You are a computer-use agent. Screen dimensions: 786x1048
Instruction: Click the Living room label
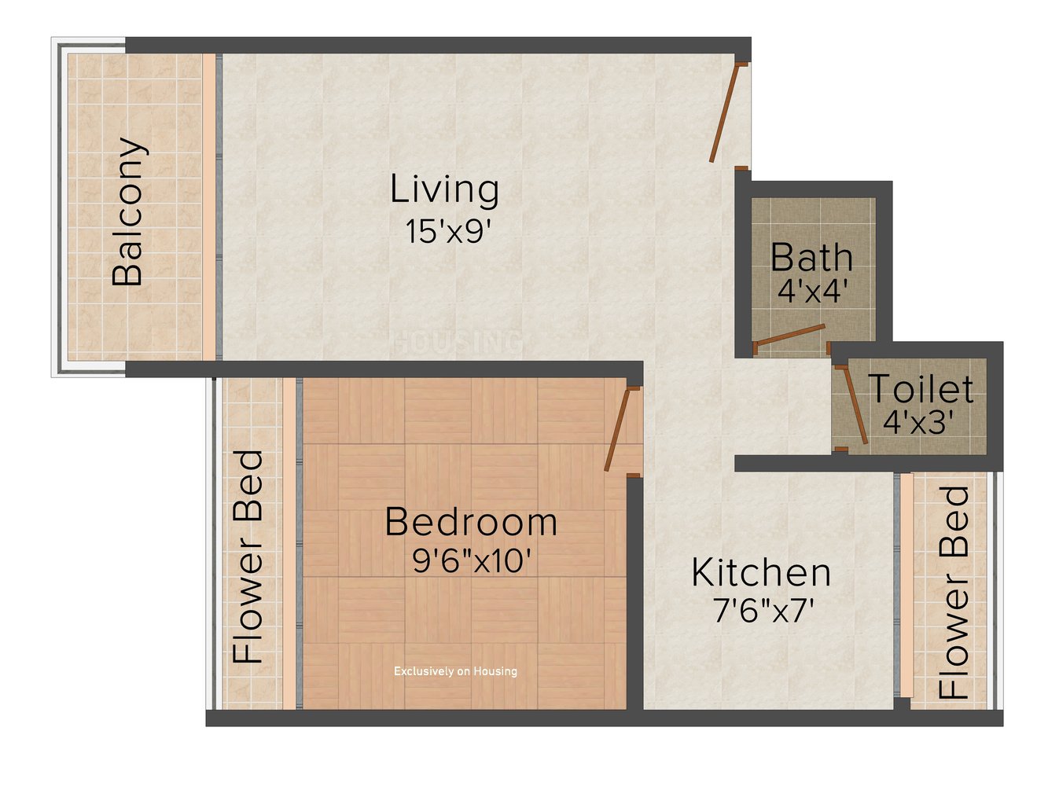(x=445, y=189)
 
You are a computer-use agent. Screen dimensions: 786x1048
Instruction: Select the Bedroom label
(x=471, y=523)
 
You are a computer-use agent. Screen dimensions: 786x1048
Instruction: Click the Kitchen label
(x=760, y=573)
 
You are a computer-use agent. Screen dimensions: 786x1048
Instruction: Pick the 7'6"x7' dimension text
(x=761, y=611)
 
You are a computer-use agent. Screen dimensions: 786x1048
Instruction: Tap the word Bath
(x=811, y=258)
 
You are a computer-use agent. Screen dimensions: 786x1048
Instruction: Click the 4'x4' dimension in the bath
(x=811, y=292)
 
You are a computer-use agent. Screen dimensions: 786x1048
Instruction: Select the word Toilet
(x=920, y=389)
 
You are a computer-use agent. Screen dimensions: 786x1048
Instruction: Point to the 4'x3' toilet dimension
(x=917, y=424)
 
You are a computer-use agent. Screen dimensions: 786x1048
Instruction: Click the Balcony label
(x=128, y=212)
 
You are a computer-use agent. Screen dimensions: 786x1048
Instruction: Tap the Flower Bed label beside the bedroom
(x=249, y=556)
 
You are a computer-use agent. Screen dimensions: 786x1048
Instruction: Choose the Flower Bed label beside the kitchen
(x=954, y=593)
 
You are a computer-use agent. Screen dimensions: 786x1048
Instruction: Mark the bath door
(x=790, y=336)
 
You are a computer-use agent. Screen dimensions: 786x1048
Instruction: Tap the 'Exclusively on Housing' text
(x=455, y=671)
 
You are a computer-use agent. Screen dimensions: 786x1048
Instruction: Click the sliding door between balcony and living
(x=218, y=207)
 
